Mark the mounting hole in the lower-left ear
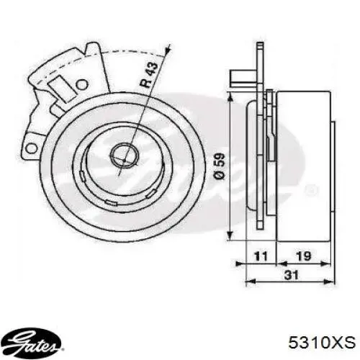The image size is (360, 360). [x=30, y=148]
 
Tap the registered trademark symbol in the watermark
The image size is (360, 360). [x=312, y=191]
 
